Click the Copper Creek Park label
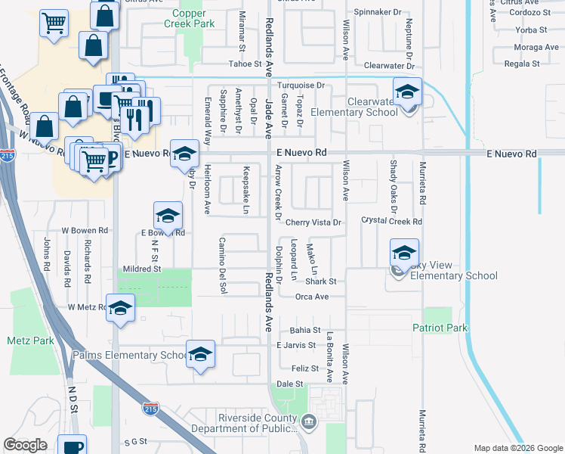[193, 18]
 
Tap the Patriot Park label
[440, 328]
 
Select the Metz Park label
[30, 341]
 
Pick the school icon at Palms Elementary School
[200, 354]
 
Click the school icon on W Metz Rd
[120, 309]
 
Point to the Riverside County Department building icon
[307, 421]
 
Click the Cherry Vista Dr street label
[314, 222]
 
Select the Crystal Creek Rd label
[391, 222]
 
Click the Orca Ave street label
[311, 297]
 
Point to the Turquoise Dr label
[300, 86]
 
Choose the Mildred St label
[142, 269]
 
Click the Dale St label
[284, 384]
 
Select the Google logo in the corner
[25, 445]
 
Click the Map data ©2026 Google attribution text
[518, 448]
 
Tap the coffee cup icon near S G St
[73, 446]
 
